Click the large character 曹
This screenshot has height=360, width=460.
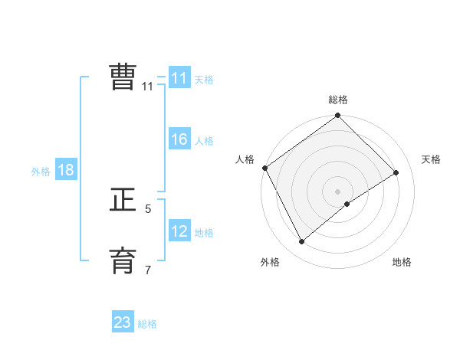tap(123, 77)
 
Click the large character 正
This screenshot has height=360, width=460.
tap(123, 200)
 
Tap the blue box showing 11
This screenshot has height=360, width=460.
tap(179, 78)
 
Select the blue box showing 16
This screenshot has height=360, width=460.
tap(179, 139)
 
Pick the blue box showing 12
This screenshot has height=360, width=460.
tap(179, 231)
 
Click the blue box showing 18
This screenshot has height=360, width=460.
tap(66, 170)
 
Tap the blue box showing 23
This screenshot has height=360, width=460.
tap(123, 322)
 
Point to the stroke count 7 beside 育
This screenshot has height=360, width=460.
tap(148, 270)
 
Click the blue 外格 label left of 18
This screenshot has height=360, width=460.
tap(41, 172)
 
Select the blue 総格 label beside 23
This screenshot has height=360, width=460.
tap(147, 324)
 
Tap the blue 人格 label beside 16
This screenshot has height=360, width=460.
tap(204, 141)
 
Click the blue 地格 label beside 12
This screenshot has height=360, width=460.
tap(204, 233)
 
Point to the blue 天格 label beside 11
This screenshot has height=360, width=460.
tap(204, 80)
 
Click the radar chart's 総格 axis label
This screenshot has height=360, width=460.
tap(338, 100)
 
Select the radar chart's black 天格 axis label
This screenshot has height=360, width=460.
tap(431, 159)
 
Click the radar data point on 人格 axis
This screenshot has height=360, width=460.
tap(264, 168)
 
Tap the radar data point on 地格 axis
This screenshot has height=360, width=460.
tap(347, 204)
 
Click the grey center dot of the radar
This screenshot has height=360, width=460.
tap(337, 191)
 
